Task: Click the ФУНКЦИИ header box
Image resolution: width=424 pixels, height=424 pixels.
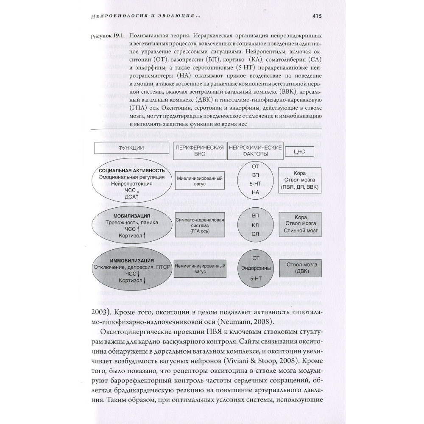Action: pyautogui.click(x=131, y=149)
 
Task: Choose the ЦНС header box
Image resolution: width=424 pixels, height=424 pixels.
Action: pyautogui.click(x=299, y=151)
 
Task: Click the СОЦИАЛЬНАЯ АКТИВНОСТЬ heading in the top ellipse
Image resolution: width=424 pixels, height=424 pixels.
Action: pyautogui.click(x=128, y=170)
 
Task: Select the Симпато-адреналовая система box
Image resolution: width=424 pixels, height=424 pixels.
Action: pyautogui.click(x=199, y=223)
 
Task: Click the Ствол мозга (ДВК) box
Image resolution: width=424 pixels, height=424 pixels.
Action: pyautogui.click(x=299, y=269)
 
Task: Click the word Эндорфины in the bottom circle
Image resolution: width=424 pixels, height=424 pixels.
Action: pyautogui.click(x=255, y=268)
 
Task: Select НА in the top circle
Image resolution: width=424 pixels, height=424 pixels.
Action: pyautogui.click(x=255, y=192)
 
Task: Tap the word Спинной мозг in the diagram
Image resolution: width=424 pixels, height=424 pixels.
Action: pyautogui.click(x=299, y=232)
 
